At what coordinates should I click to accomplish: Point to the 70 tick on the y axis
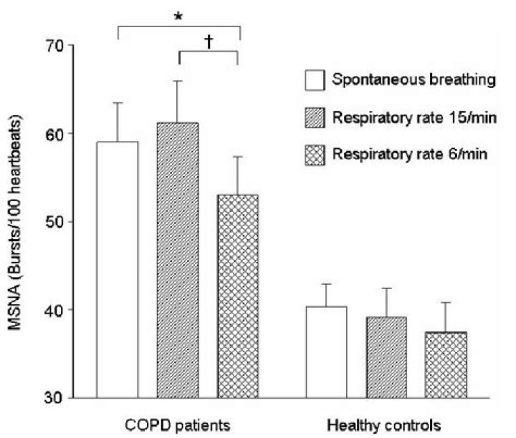[54, 46]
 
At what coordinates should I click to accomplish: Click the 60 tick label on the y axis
[54, 134]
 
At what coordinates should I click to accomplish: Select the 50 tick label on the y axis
[54, 222]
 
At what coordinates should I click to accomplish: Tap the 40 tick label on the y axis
[54, 310]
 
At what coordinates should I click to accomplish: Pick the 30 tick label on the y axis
[54, 398]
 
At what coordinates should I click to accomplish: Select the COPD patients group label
[177, 425]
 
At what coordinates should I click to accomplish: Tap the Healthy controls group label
[387, 425]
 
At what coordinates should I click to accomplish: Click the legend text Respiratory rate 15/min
[412, 117]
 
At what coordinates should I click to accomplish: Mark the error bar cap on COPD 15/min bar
[178, 81]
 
